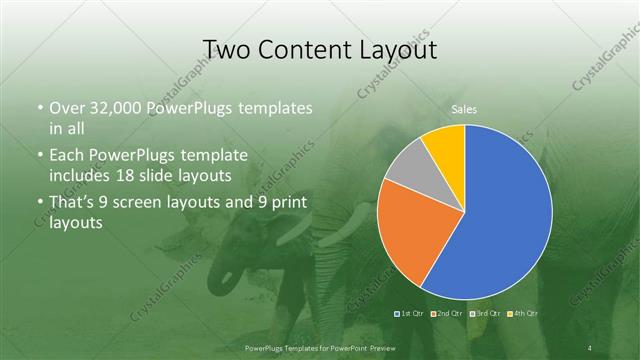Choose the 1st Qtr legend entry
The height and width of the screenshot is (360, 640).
click(411, 313)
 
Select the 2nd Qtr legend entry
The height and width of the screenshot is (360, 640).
click(447, 313)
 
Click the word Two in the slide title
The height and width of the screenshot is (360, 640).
click(226, 50)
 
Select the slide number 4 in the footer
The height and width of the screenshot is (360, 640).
click(590, 347)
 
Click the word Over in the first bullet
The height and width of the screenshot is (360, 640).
click(67, 107)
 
